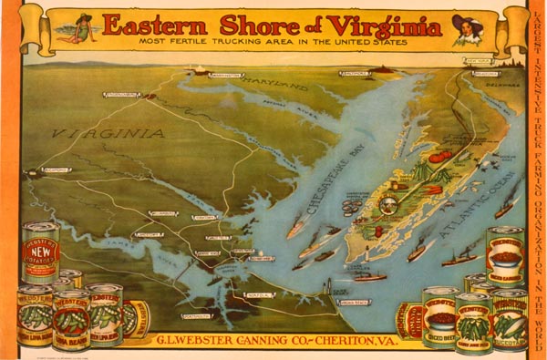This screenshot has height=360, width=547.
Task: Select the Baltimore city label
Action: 355,72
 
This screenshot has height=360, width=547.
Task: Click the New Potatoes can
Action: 40,252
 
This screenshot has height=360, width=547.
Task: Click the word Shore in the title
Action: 240,25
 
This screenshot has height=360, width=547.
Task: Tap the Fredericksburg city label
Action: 121,94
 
